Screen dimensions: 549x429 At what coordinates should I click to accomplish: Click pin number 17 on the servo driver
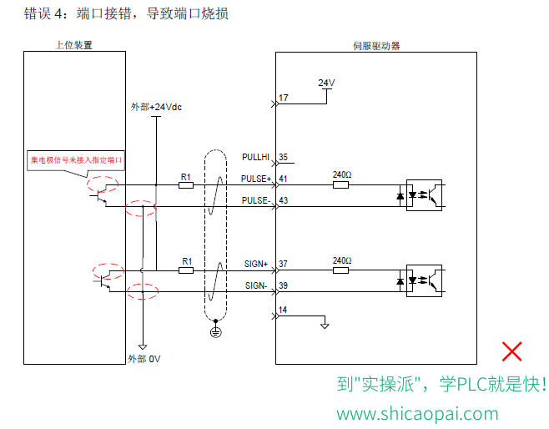click(x=284, y=98)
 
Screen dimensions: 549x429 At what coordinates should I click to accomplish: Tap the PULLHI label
click(x=255, y=157)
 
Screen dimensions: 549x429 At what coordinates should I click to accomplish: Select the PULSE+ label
click(x=256, y=179)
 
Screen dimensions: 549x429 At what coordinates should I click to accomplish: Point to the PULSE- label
click(x=256, y=200)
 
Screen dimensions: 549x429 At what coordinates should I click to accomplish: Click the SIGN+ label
click(x=256, y=264)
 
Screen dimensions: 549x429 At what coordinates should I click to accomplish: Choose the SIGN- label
click(x=256, y=285)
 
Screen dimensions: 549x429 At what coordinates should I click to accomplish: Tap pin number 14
click(x=283, y=310)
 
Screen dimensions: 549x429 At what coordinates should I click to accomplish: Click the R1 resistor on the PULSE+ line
click(x=186, y=185)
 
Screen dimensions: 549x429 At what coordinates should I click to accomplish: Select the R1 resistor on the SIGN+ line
click(x=186, y=270)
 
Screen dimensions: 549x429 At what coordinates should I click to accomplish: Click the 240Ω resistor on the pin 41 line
click(x=340, y=185)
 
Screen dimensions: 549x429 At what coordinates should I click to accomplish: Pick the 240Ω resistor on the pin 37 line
click(x=340, y=270)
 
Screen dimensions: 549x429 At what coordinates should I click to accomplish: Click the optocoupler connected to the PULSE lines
click(x=424, y=195)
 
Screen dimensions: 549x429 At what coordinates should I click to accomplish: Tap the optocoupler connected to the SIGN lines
click(x=424, y=281)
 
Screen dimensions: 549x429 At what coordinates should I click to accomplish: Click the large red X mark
click(x=512, y=351)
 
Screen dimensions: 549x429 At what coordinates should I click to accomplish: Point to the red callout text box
click(x=76, y=160)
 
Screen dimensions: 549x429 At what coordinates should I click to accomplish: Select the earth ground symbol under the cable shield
click(x=215, y=331)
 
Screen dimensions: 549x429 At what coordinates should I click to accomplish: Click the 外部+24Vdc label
click(x=156, y=107)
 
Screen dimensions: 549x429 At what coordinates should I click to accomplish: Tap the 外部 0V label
click(x=144, y=359)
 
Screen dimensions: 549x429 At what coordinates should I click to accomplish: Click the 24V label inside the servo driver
click(x=326, y=83)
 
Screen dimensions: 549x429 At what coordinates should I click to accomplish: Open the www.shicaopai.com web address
click(x=417, y=414)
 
